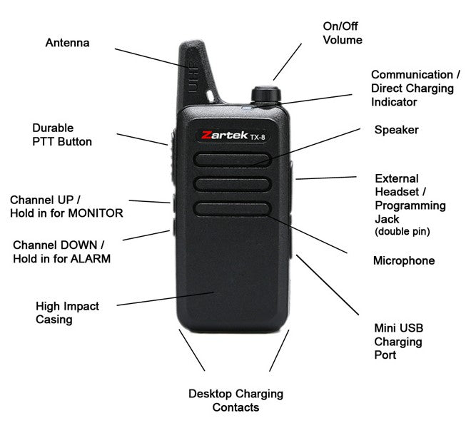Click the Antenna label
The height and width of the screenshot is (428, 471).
(x=68, y=43)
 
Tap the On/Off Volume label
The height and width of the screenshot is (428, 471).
(x=343, y=33)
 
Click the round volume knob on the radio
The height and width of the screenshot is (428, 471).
(x=264, y=96)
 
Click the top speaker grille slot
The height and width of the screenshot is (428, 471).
(x=232, y=159)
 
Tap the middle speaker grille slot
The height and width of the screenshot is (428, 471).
(x=232, y=183)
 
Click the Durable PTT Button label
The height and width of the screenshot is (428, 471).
(x=62, y=135)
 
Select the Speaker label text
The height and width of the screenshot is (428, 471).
(x=396, y=130)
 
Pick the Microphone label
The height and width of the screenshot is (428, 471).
(x=403, y=261)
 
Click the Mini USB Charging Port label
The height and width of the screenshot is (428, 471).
(x=398, y=342)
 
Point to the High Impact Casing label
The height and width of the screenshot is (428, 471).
(x=67, y=312)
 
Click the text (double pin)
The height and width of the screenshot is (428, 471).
(x=401, y=233)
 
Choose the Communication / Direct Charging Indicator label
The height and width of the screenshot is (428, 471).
(x=412, y=88)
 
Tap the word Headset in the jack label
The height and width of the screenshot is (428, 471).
(x=397, y=192)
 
